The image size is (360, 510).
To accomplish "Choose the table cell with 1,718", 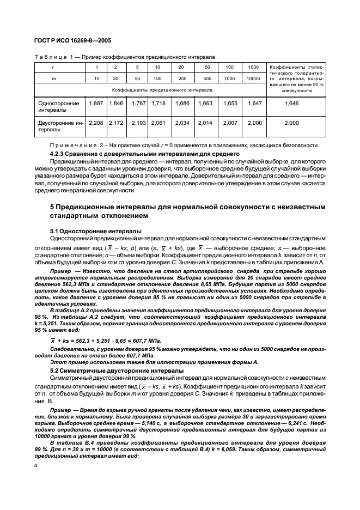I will tap(157, 102).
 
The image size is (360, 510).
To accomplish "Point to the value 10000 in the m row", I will tap(253, 78).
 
